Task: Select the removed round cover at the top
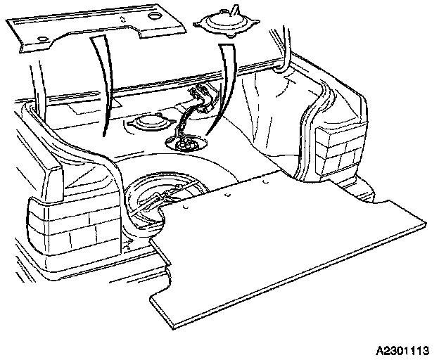tap(224, 27)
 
